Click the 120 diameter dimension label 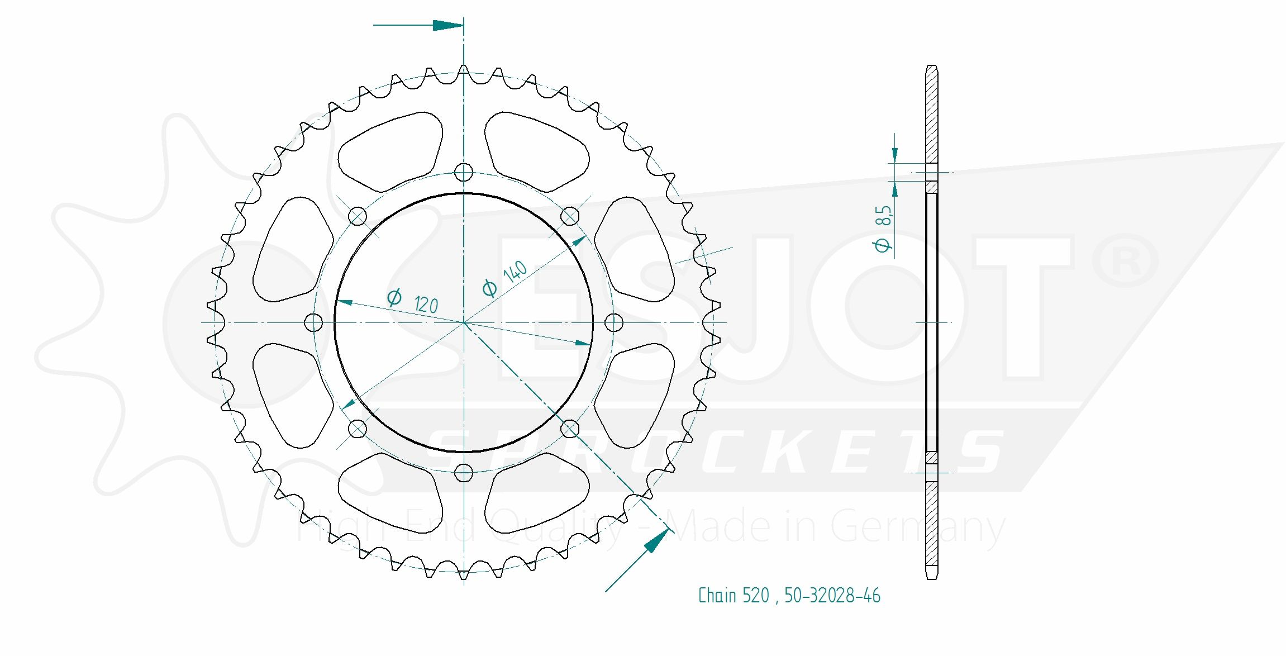413,301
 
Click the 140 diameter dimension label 504,279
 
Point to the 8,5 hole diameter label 883,229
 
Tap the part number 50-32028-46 832,596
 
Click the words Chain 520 734,596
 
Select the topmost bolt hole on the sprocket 464,172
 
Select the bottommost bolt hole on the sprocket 464,473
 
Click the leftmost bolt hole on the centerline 313,322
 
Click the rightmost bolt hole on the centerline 614,322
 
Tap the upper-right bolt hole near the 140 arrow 570,216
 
